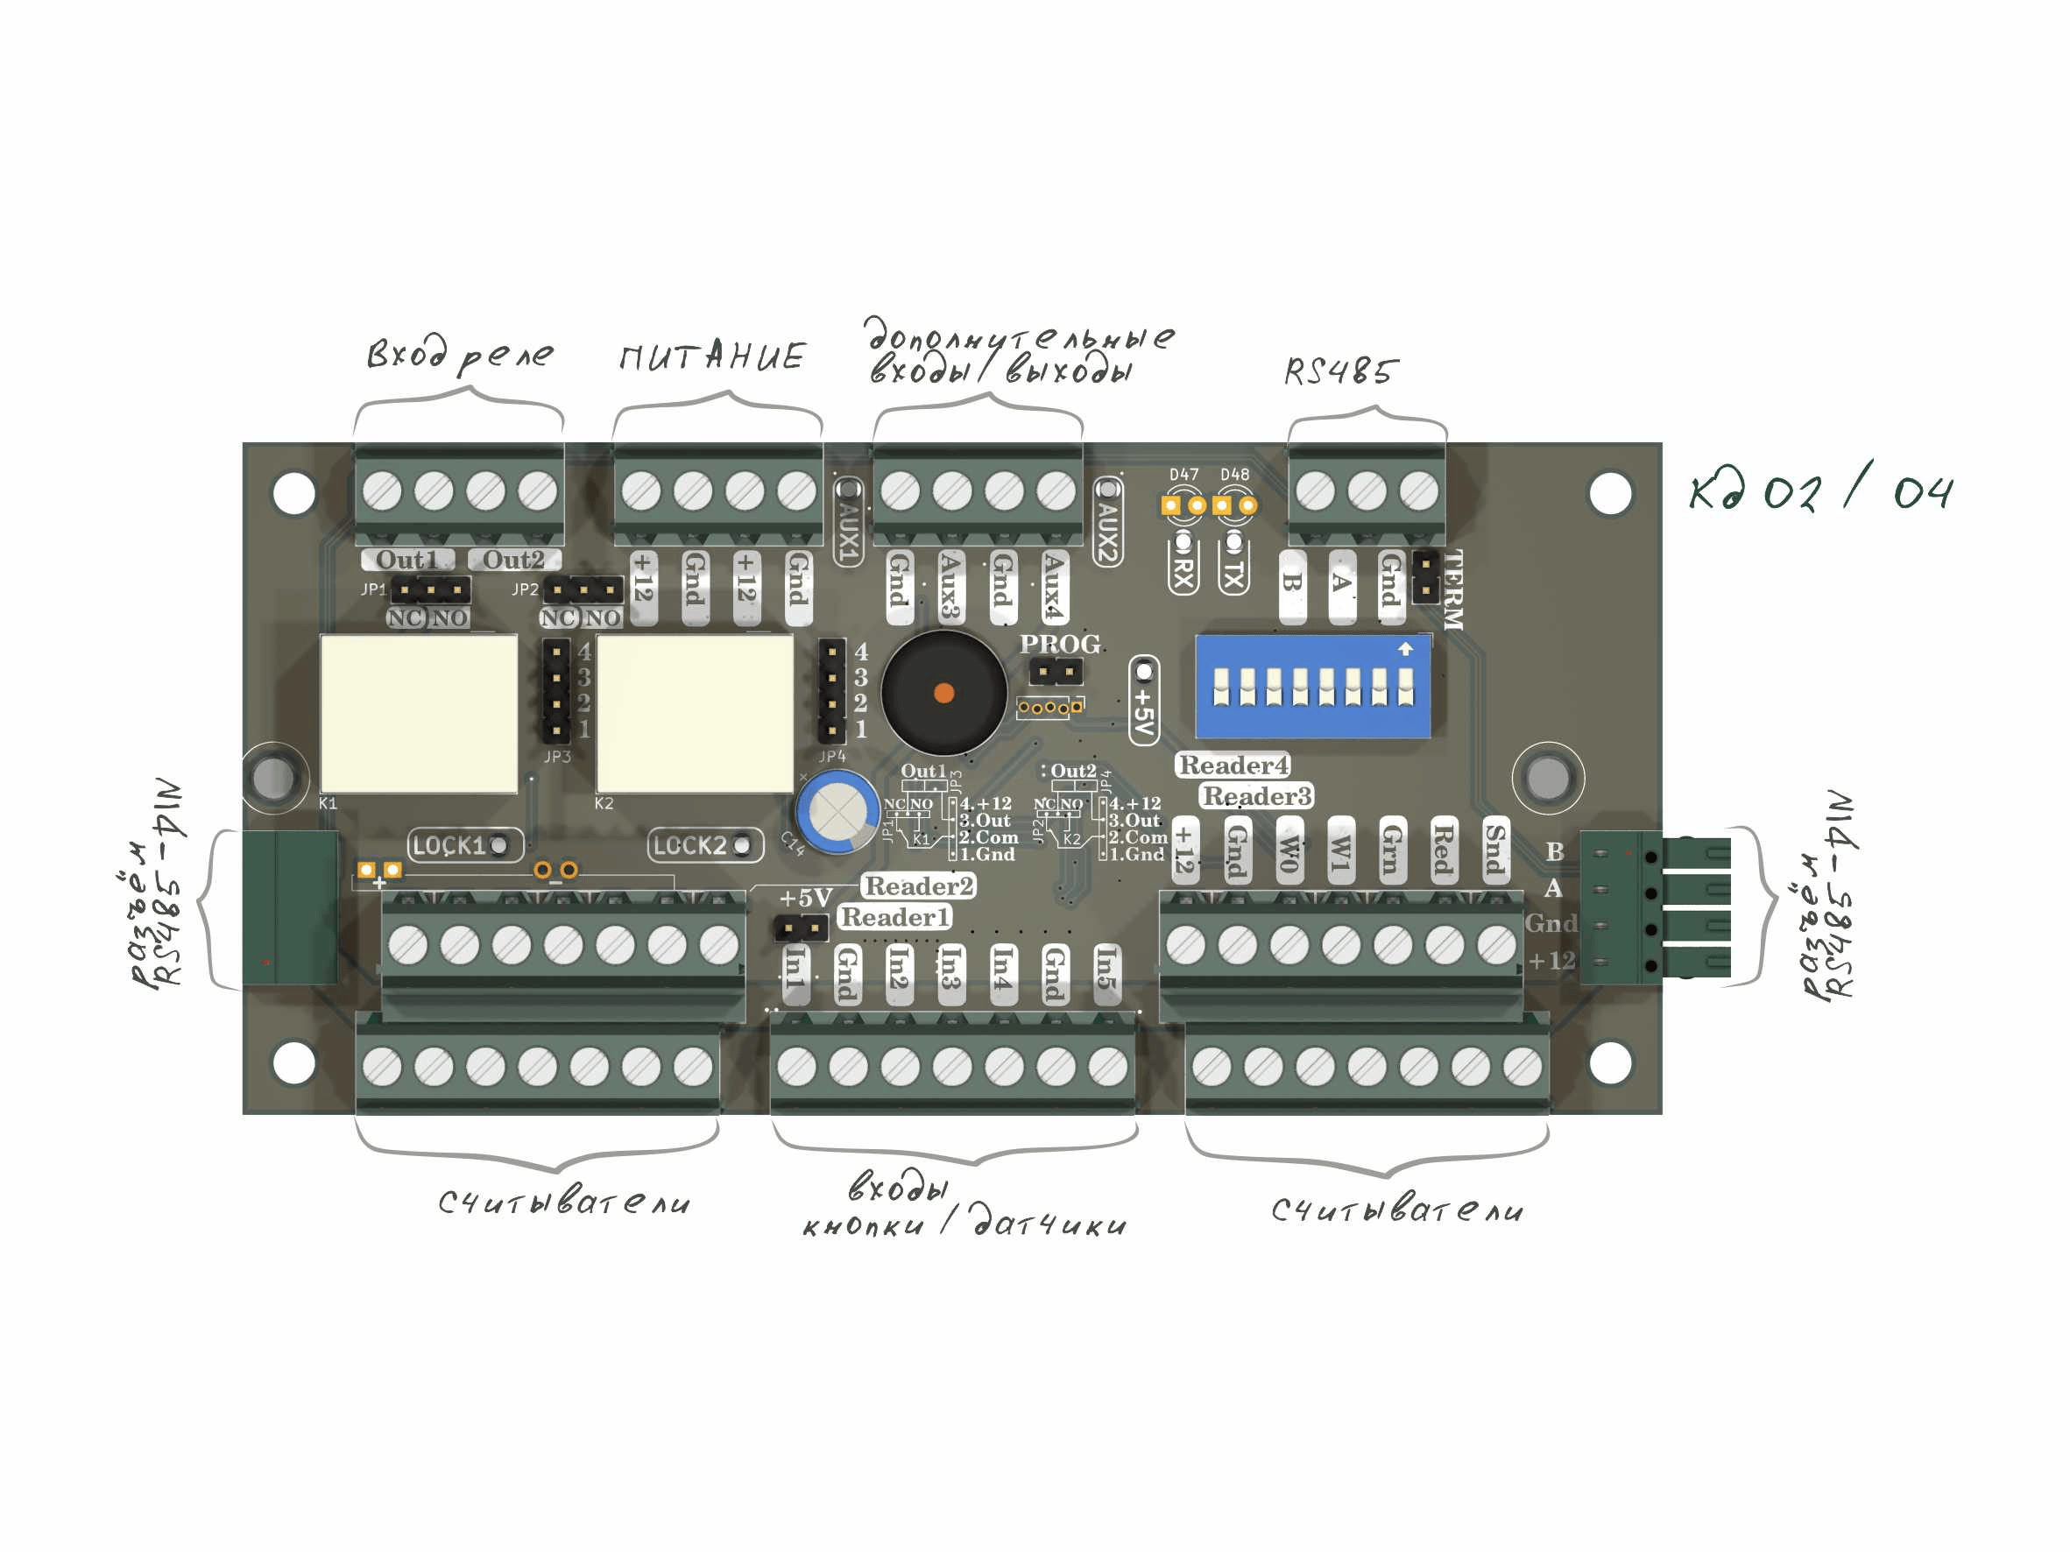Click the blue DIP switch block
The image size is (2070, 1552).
coord(1312,687)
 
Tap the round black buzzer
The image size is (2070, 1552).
coord(943,692)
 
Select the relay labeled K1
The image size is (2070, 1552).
coord(419,713)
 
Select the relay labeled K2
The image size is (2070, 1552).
coord(695,713)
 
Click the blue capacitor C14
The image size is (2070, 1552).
coord(837,811)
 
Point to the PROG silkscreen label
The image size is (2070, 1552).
coord(1059,644)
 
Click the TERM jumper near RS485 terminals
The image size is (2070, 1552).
coord(1425,576)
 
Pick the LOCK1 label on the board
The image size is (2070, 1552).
coord(449,846)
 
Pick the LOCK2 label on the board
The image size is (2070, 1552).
coord(689,846)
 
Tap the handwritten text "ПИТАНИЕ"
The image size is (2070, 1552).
coord(711,356)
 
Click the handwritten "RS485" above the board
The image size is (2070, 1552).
coord(1340,371)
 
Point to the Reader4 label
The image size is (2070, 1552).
coord(1233,765)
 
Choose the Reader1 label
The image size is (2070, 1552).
coord(894,917)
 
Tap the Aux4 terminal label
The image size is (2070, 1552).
coord(1054,586)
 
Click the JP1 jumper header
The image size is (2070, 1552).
coord(430,589)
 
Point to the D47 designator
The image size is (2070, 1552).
coord(1183,475)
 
